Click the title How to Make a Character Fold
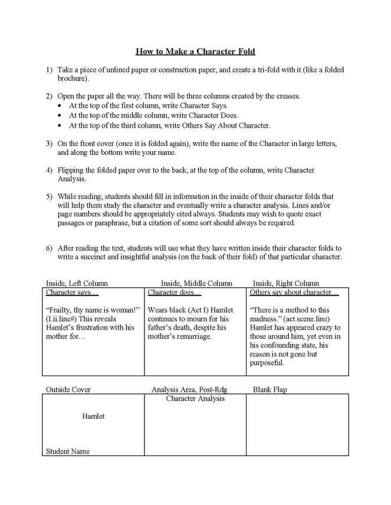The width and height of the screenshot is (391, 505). pyautogui.click(x=195, y=51)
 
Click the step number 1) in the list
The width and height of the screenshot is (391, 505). pyautogui.click(x=50, y=69)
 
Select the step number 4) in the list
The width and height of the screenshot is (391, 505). pyautogui.click(x=50, y=170)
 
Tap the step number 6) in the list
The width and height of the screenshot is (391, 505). pyautogui.click(x=50, y=248)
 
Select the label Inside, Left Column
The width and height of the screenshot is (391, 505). pyautogui.click(x=77, y=283)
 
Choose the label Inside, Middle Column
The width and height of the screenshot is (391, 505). pyautogui.click(x=196, y=283)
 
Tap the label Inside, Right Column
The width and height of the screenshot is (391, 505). pyautogui.click(x=285, y=283)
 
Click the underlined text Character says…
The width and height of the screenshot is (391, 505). pyautogui.click(x=72, y=293)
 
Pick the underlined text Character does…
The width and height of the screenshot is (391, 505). pyautogui.click(x=174, y=293)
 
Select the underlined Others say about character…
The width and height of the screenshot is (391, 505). pyautogui.click(x=294, y=293)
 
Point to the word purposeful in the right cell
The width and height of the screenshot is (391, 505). pyautogui.click(x=267, y=363)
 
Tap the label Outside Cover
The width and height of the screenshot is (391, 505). pyautogui.click(x=68, y=390)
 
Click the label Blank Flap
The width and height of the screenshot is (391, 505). pyautogui.click(x=270, y=390)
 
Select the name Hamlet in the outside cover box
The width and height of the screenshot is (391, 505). pyautogui.click(x=93, y=416)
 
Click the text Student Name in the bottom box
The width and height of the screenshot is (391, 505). pyautogui.click(x=68, y=451)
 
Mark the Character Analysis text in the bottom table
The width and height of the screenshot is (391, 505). pyautogui.click(x=195, y=399)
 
